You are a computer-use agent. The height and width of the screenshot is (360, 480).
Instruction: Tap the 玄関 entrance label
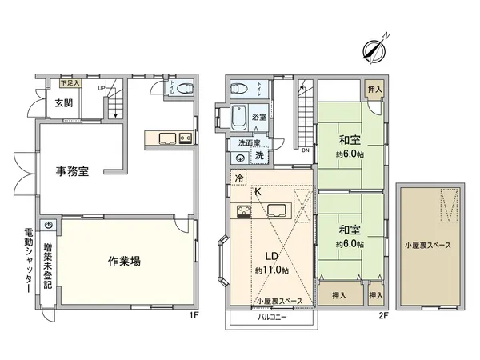[65, 102]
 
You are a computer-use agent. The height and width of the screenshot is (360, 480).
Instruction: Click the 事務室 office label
[71, 170]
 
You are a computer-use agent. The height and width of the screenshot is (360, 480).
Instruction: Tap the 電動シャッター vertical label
[27, 261]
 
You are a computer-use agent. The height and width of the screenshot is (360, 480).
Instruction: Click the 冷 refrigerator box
[238, 179]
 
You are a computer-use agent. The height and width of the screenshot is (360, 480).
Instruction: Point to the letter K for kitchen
[258, 192]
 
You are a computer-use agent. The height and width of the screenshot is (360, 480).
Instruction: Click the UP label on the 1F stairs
[101, 88]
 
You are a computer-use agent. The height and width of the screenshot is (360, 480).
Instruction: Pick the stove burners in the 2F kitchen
[242, 211]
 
